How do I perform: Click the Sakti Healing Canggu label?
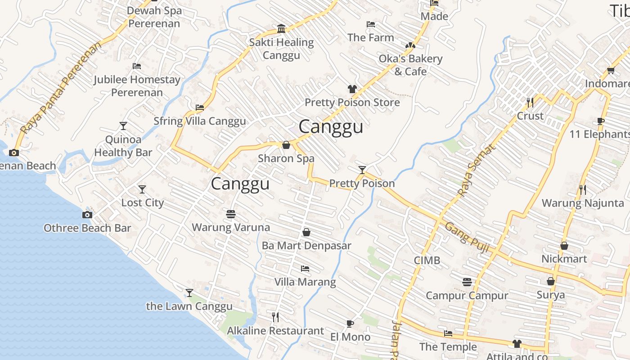pyautogui.click(x=282, y=49)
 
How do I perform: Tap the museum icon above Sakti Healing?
pyautogui.click(x=281, y=29)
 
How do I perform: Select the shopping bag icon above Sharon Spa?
pyautogui.click(x=286, y=145)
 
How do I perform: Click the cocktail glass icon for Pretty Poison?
pyautogui.click(x=362, y=170)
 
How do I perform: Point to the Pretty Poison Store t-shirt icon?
pyautogui.click(x=352, y=89)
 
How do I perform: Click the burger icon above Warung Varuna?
pyautogui.click(x=231, y=214)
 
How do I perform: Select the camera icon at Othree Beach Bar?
pyautogui.click(x=87, y=215)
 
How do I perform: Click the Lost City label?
pyautogui.click(x=142, y=202)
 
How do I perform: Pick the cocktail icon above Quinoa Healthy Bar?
pyautogui.click(x=123, y=126)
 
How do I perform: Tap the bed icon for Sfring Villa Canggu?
pyautogui.click(x=200, y=108)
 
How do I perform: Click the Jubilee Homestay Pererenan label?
pyautogui.click(x=137, y=86)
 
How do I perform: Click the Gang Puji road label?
pyautogui.click(x=467, y=237)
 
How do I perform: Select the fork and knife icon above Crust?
pyautogui.click(x=530, y=102)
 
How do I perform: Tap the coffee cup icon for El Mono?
pyautogui.click(x=350, y=324)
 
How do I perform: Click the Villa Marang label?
pyautogui.click(x=305, y=282)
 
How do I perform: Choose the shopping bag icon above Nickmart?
pyautogui.click(x=564, y=246)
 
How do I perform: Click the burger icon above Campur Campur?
pyautogui.click(x=467, y=282)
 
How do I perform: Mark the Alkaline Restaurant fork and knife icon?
pyautogui.click(x=275, y=317)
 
